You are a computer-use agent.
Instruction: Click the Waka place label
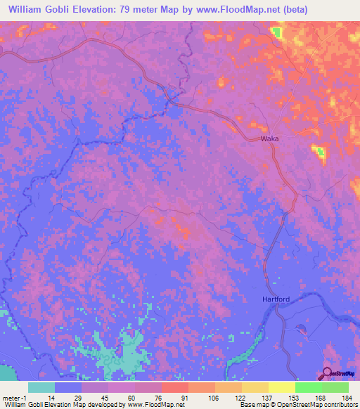[270, 138]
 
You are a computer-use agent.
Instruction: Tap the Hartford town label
[276, 299]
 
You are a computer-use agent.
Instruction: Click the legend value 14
[51, 398]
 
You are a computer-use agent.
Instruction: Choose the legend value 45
[104, 398]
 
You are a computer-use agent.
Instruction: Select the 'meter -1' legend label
[15, 398]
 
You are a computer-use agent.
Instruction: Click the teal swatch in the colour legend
[41, 387]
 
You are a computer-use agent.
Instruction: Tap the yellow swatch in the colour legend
[281, 387]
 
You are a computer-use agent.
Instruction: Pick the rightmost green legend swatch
[335, 387]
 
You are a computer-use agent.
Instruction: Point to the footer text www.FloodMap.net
[158, 405]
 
